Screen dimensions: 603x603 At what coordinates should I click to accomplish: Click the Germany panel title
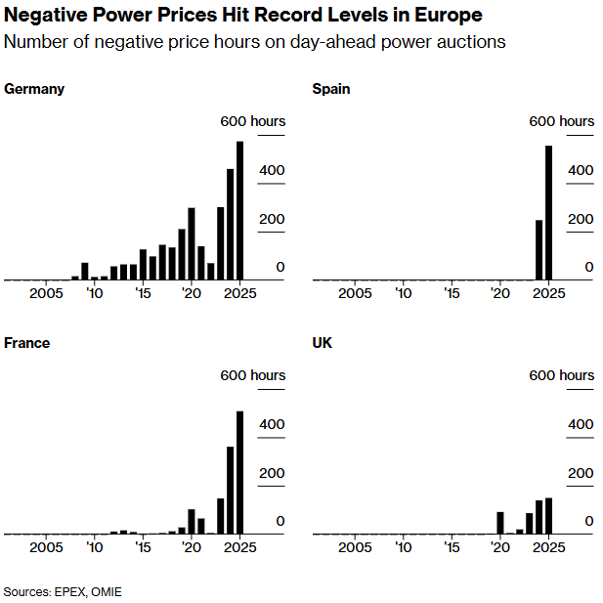click(x=34, y=89)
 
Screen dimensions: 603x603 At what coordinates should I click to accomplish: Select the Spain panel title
click(x=330, y=89)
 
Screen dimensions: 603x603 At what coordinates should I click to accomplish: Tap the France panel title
click(x=27, y=343)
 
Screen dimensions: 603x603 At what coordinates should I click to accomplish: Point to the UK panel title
click(x=322, y=343)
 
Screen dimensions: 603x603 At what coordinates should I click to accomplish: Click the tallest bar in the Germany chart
click(x=240, y=211)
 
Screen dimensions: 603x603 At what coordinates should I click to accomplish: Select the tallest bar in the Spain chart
click(x=548, y=213)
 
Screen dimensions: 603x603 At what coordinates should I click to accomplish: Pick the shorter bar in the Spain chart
click(x=538, y=250)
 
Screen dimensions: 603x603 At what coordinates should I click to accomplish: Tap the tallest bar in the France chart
click(x=240, y=473)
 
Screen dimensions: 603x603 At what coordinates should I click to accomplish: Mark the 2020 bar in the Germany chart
click(x=192, y=243)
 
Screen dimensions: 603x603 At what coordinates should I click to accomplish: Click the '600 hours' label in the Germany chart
click(x=252, y=121)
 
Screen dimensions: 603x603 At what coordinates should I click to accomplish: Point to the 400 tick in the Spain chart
click(x=581, y=170)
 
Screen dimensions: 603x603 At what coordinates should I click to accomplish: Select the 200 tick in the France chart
click(x=272, y=473)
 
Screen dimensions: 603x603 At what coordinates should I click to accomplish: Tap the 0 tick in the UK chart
click(x=588, y=521)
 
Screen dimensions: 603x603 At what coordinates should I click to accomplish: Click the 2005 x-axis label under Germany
click(x=46, y=293)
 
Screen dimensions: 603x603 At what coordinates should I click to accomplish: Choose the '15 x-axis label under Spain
click(x=452, y=293)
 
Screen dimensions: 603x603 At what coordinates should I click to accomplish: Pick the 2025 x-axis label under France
click(x=239, y=547)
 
